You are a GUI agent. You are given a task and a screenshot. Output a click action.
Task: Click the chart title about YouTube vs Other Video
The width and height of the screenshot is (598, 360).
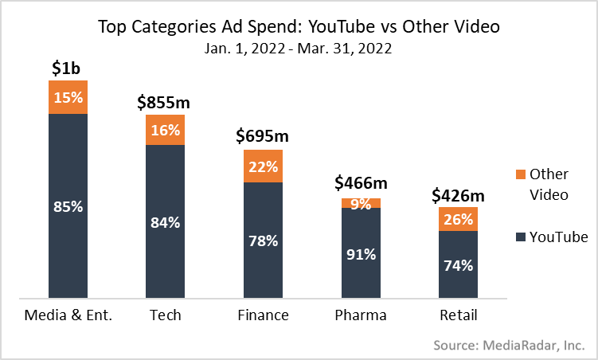299,26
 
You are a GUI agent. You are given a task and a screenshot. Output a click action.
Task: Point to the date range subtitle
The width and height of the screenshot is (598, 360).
299,49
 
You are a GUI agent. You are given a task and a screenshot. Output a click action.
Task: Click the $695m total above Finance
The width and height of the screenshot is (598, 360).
262,135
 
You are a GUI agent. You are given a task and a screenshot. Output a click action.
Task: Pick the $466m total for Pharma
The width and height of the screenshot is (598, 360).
361,185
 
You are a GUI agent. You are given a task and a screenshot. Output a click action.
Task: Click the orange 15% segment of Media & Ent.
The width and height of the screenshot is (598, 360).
68,97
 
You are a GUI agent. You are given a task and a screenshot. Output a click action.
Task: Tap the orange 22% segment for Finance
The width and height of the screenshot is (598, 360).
262,166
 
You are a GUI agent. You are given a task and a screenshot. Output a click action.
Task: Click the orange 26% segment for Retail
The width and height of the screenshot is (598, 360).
458,219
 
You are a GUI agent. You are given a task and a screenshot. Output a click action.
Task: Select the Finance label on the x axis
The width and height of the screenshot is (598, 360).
263,315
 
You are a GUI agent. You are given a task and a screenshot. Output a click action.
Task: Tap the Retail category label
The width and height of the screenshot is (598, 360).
459,315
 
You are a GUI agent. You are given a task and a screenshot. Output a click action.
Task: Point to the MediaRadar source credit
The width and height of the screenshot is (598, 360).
509,345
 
